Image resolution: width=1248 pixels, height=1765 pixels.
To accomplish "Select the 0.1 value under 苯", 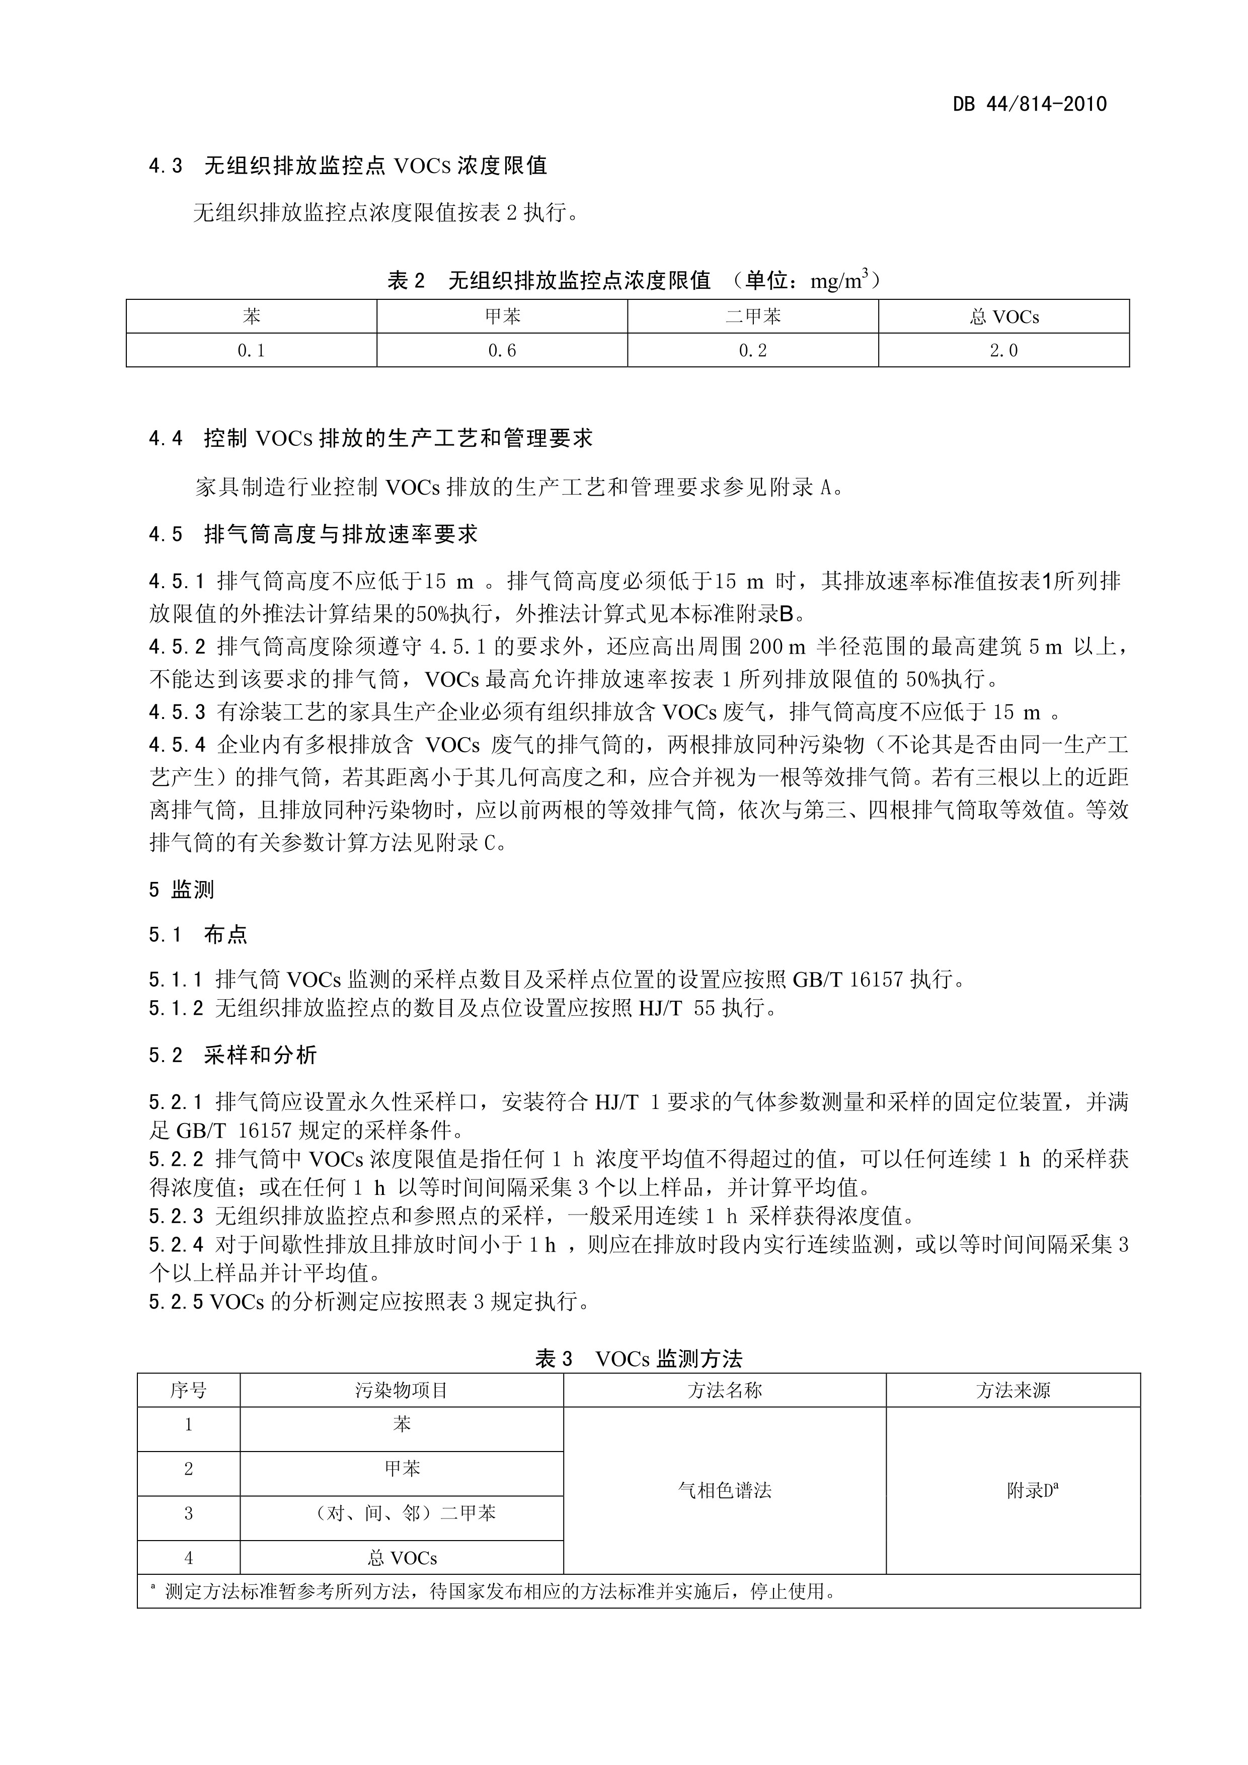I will click(x=252, y=351).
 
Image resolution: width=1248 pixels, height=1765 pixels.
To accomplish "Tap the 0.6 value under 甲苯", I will click(x=502, y=351).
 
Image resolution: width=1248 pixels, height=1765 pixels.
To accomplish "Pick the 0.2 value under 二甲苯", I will click(x=753, y=351).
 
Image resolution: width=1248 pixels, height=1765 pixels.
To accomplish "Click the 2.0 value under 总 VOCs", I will click(x=1003, y=351).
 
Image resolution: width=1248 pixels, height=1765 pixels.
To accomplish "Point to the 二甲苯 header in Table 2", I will click(x=753, y=316).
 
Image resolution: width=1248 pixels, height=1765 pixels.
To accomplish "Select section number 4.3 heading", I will click(x=166, y=166).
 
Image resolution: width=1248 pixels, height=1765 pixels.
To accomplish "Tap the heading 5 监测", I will click(x=182, y=890).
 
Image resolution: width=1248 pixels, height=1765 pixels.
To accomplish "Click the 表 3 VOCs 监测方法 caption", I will click(x=638, y=1358).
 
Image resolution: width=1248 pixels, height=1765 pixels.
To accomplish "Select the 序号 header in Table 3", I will click(x=188, y=1390).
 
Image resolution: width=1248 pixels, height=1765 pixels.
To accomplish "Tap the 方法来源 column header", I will click(x=1012, y=1390).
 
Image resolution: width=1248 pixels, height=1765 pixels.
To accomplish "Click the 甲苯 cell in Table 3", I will click(x=402, y=1469).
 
